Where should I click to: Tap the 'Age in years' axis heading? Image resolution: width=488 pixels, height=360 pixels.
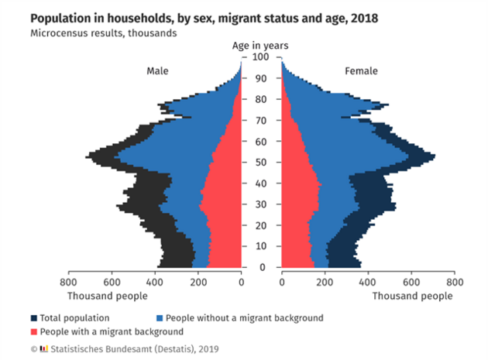tap(262, 46)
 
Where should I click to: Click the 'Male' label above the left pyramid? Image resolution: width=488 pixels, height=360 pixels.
tap(158, 71)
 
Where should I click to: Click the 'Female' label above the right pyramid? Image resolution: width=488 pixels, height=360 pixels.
tap(361, 71)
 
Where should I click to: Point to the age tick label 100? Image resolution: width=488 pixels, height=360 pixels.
tap(261, 57)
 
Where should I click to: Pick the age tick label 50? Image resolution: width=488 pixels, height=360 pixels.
tap(261, 163)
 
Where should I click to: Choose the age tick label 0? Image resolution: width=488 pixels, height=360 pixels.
tap(261, 268)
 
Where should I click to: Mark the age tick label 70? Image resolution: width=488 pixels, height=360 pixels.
tap(261, 121)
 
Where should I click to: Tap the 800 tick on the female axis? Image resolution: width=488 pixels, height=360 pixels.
tap(455, 283)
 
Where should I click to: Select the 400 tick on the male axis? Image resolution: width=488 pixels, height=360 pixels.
tap(155, 283)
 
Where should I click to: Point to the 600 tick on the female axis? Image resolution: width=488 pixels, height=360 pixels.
tap(411, 283)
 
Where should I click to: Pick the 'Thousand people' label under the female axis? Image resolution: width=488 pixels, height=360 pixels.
tap(413, 297)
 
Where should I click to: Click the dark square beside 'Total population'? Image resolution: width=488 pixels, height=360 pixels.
tap(35, 318)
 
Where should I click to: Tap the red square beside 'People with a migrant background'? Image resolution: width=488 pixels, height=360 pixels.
tap(35, 332)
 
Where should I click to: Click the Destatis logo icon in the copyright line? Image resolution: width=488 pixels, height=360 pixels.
tap(43, 348)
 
